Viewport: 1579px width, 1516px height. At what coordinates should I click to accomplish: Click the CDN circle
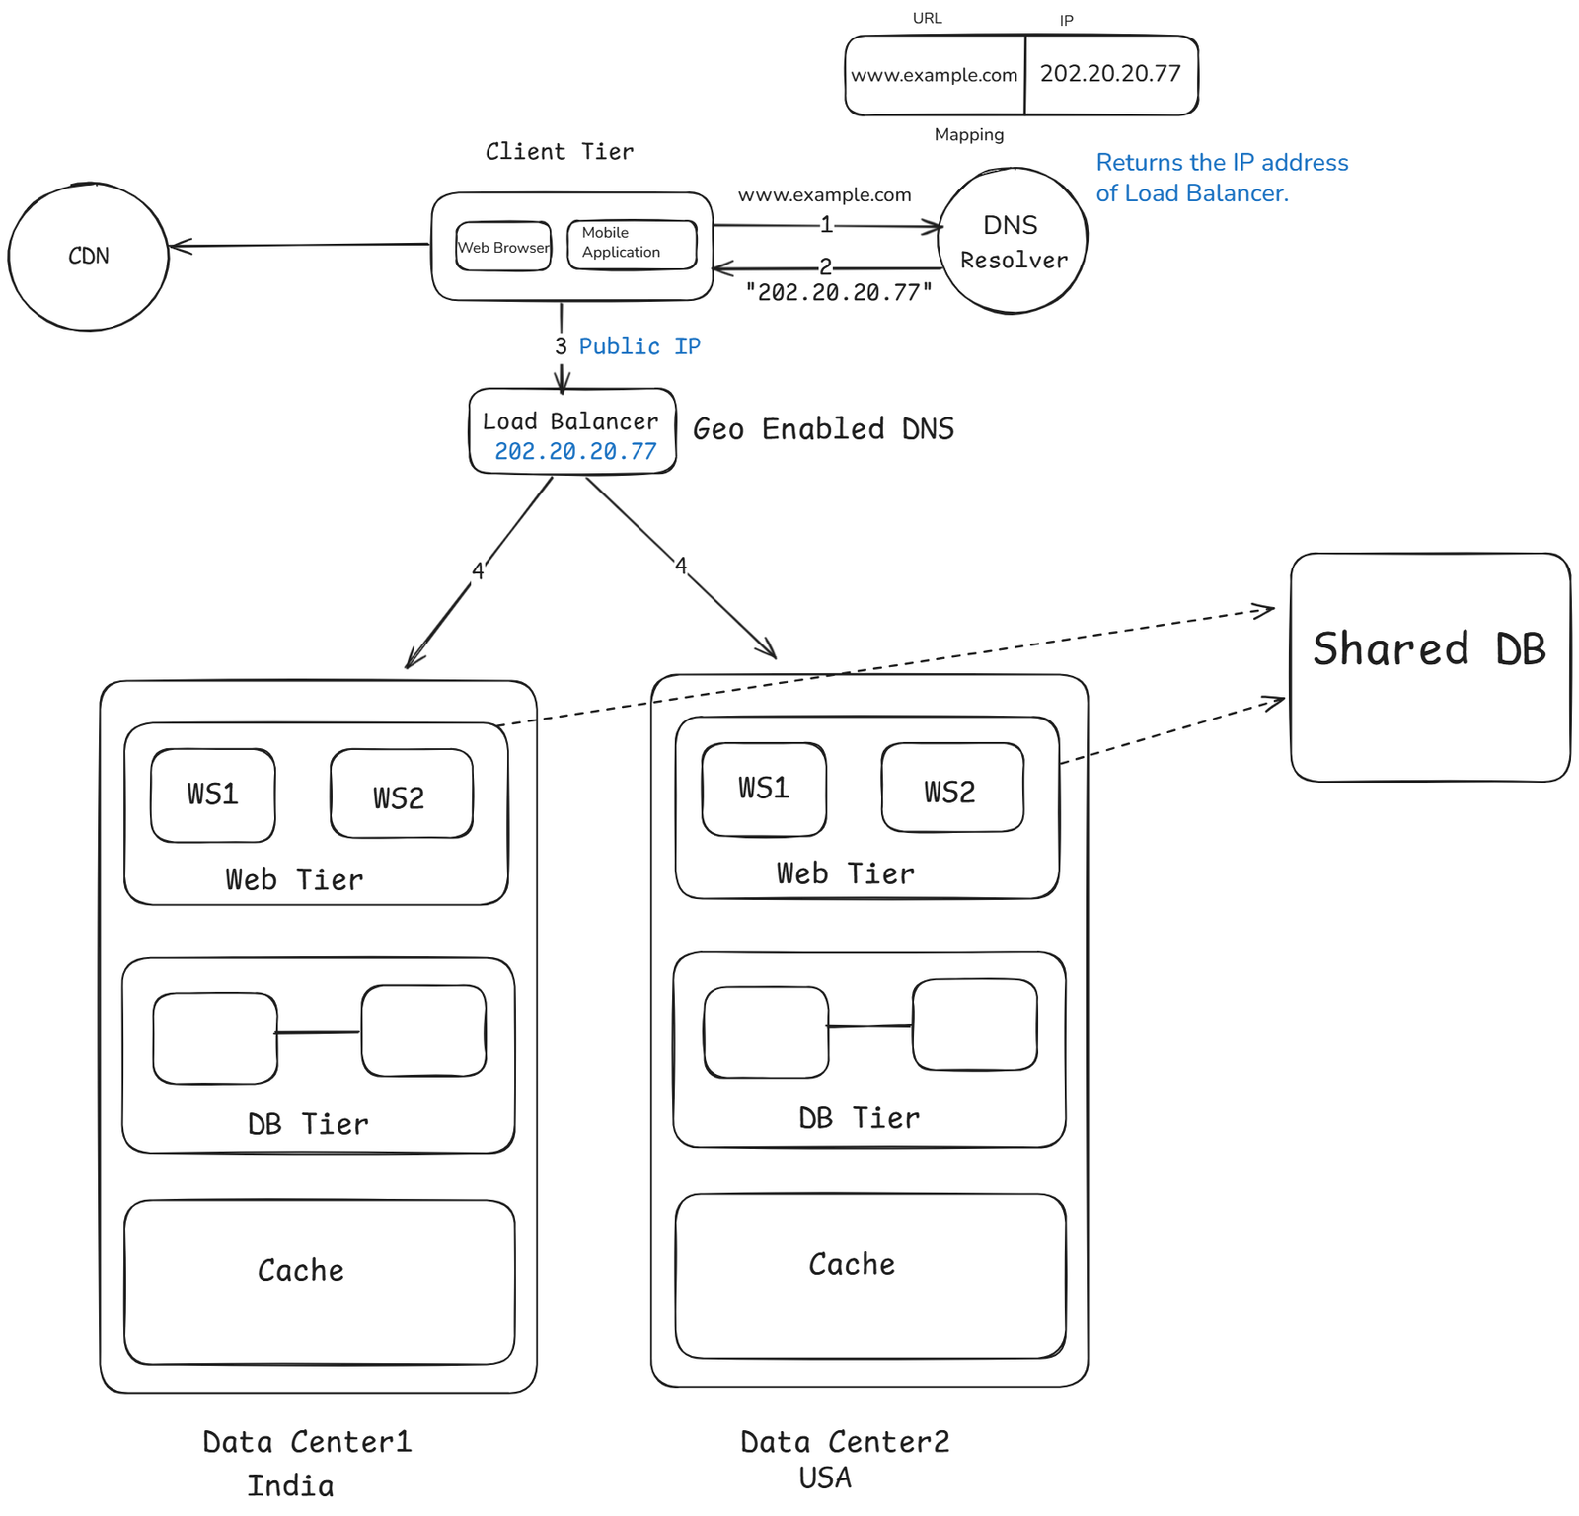88,257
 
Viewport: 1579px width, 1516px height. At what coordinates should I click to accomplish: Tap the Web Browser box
503,247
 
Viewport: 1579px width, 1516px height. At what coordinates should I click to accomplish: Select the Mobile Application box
632,244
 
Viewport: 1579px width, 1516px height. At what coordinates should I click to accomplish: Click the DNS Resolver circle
1012,242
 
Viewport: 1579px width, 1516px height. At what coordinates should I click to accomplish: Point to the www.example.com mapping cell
934,76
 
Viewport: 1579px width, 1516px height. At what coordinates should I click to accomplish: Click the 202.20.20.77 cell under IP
1110,75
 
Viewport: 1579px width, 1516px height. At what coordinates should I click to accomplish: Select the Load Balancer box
572,432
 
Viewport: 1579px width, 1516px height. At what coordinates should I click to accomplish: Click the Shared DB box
1429,667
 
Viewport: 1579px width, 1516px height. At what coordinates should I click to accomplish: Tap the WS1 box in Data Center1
213,795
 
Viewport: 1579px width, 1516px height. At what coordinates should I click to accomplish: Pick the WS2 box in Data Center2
951,789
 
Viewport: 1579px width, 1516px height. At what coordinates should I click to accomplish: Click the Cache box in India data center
319,1281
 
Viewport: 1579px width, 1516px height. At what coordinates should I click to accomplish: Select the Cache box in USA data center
869,1275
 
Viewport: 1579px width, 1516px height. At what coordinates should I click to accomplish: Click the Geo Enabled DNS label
823,429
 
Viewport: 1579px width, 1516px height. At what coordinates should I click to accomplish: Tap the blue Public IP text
639,346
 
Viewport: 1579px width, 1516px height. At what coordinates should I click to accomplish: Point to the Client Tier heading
559,151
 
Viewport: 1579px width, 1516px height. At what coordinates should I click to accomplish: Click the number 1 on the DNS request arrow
826,225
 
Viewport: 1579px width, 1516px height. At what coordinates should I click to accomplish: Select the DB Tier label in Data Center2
859,1118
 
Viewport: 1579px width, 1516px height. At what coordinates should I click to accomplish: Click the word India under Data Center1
290,1485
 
